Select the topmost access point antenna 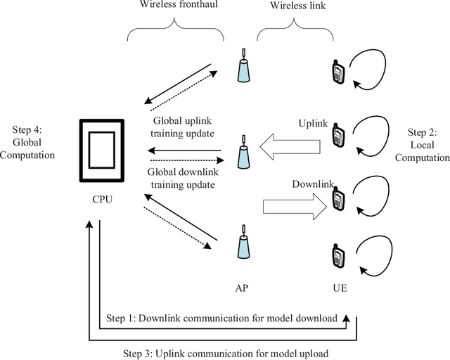[x=243, y=65]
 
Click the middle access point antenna [x=243, y=152]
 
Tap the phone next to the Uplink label [x=338, y=136]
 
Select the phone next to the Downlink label [x=338, y=198]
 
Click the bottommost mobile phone [x=338, y=255]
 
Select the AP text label [x=243, y=288]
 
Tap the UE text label [x=339, y=288]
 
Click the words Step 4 [x=28, y=130]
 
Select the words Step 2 [x=422, y=132]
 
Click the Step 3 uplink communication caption [x=224, y=352]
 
